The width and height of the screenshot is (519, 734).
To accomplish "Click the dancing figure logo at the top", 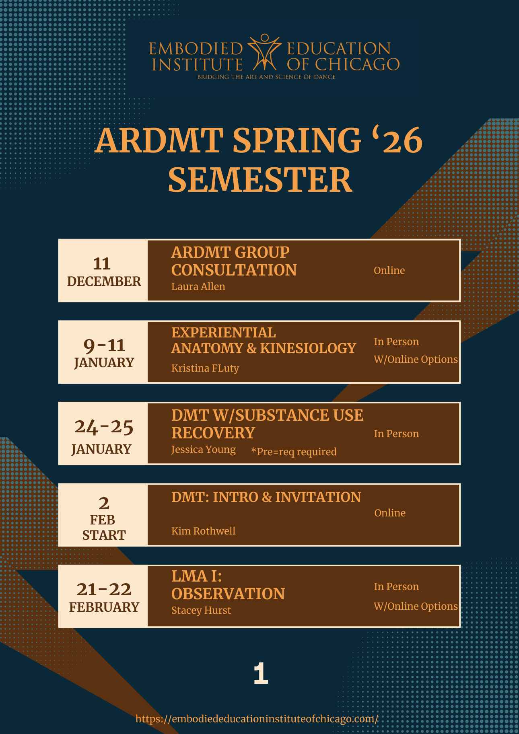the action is tap(264, 52).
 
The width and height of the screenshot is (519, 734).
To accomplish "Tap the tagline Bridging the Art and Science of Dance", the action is tap(266, 77).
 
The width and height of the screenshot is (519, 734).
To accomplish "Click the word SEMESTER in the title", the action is tap(260, 180).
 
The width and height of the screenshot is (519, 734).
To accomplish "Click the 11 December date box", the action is tap(103, 271).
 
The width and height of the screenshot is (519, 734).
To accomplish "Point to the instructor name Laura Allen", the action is tap(198, 286).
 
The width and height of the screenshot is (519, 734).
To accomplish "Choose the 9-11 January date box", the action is tap(103, 352).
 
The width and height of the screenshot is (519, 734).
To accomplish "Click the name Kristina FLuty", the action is tap(205, 368).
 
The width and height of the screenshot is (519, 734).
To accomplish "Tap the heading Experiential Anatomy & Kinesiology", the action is tap(264, 340).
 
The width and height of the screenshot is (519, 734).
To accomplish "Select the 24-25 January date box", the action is tap(103, 434).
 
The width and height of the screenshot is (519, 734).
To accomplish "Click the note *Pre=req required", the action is tap(294, 452).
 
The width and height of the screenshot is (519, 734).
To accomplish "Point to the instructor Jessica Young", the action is tap(204, 449).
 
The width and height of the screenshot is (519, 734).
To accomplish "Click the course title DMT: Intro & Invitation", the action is tap(266, 497).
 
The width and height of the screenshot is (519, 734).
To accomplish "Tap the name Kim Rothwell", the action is tap(204, 531).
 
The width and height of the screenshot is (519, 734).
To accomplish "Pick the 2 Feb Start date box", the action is tap(103, 515).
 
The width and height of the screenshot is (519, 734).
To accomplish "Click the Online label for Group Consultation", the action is tap(389, 270).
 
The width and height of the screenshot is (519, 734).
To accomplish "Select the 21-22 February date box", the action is tap(103, 596).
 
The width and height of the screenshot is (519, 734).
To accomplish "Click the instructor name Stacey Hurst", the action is tap(201, 610).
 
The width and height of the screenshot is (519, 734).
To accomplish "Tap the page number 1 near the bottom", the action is tap(261, 674).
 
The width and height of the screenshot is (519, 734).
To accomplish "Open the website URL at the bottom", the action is tap(257, 719).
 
